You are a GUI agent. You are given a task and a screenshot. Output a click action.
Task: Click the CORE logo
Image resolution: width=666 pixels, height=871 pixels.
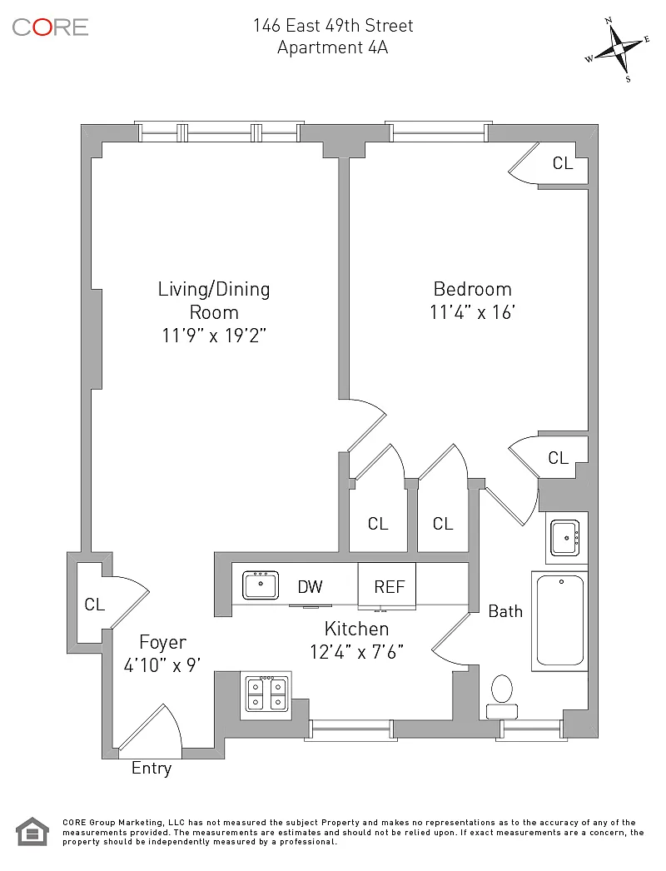pyautogui.click(x=50, y=27)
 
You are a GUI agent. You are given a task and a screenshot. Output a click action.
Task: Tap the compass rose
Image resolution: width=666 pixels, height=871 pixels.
pyautogui.click(x=619, y=50)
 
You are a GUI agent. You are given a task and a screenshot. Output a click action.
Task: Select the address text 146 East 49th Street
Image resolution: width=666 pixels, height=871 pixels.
pyautogui.click(x=333, y=26)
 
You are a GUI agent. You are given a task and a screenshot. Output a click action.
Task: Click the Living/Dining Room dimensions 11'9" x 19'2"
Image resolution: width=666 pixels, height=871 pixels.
pyautogui.click(x=214, y=336)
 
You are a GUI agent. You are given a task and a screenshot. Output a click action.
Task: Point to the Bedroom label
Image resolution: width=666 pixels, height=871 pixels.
pyautogui.click(x=472, y=289)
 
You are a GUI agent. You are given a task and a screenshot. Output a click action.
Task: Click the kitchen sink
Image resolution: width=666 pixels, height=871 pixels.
pyautogui.click(x=261, y=585)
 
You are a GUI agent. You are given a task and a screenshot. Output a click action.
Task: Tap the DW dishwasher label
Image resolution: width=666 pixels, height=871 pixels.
pyautogui.click(x=310, y=587)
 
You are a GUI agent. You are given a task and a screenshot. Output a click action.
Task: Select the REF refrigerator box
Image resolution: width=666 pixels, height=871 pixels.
pyautogui.click(x=388, y=586)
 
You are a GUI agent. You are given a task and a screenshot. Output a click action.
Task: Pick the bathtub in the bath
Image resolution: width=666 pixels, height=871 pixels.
pyautogui.click(x=559, y=620)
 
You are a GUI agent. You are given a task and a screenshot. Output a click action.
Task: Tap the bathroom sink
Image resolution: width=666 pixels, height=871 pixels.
pyautogui.click(x=567, y=537)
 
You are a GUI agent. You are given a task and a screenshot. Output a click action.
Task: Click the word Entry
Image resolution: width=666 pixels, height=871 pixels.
pyautogui.click(x=152, y=769)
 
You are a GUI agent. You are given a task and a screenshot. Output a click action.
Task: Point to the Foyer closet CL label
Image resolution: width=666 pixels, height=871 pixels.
pyautogui.click(x=95, y=605)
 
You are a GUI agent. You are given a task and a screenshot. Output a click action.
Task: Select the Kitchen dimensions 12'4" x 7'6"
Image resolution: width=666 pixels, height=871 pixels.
pyautogui.click(x=356, y=652)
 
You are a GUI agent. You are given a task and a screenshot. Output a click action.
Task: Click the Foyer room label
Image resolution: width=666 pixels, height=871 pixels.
pyautogui.click(x=162, y=643)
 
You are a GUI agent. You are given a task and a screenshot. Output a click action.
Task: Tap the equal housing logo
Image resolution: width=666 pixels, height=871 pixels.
pyautogui.click(x=32, y=832)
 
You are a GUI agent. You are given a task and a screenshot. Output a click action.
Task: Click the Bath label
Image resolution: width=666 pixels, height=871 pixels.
pyautogui.click(x=505, y=611)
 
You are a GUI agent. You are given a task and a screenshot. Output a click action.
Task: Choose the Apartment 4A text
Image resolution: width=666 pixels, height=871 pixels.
pyautogui.click(x=333, y=47)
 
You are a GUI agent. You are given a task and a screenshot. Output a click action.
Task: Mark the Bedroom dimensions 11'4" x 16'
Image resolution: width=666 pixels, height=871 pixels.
pyautogui.click(x=472, y=313)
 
